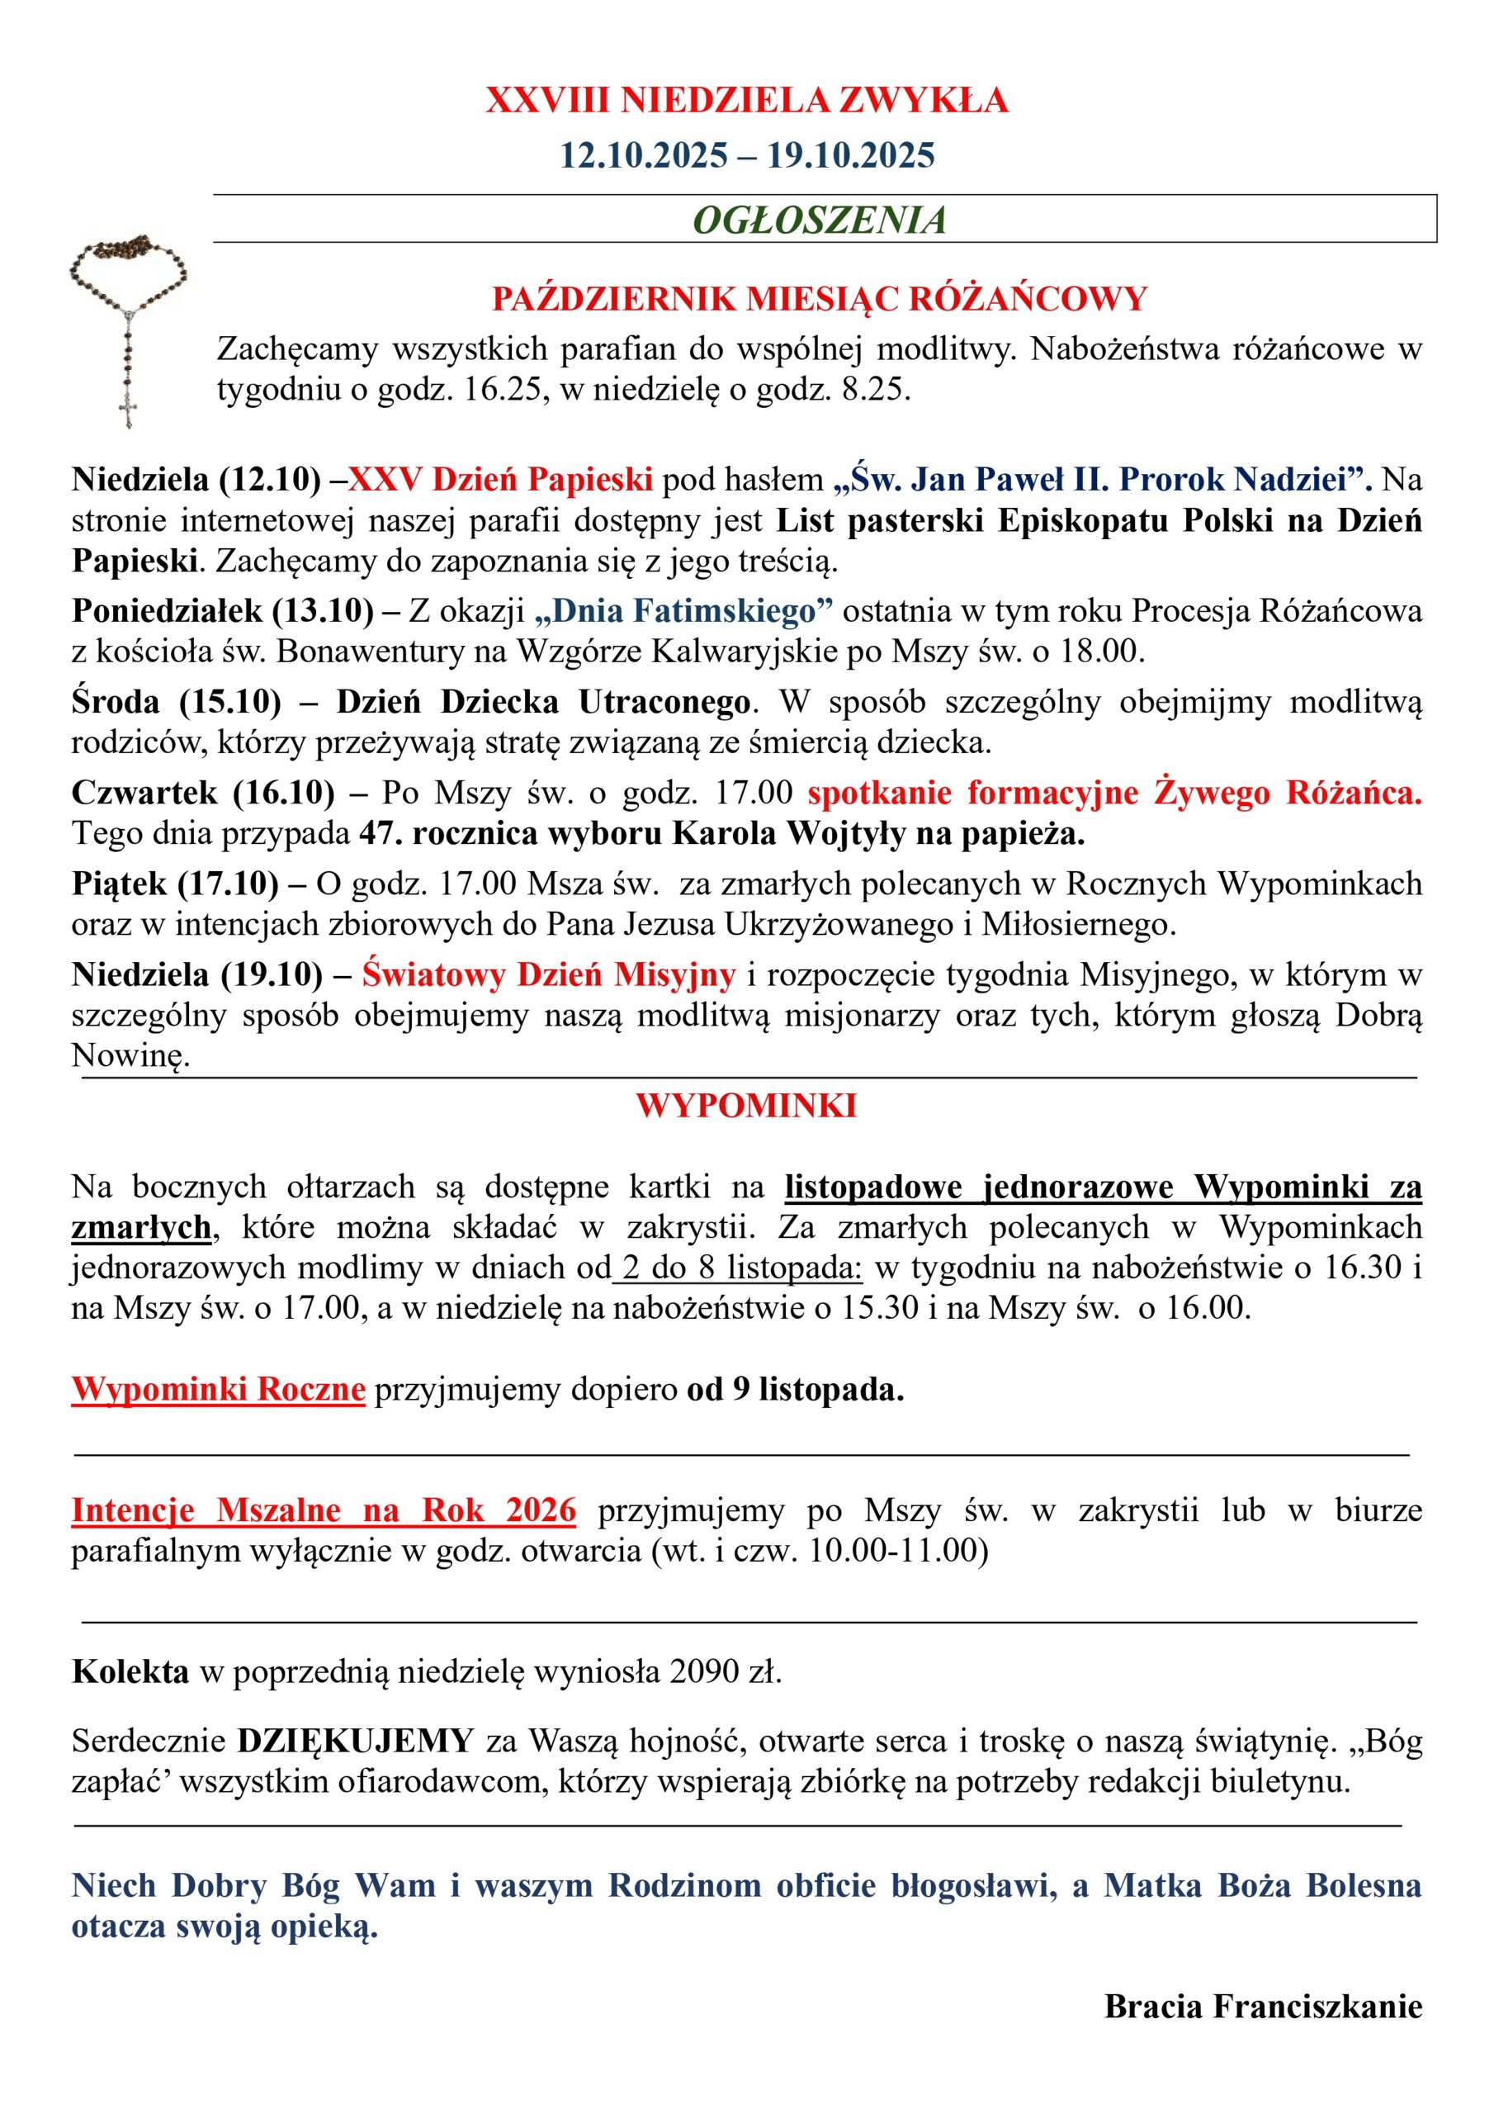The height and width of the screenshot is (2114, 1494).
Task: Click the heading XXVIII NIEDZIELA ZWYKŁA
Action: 746,101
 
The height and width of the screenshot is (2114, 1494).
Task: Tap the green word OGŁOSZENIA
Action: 820,220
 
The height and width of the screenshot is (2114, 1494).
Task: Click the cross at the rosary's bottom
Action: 129,410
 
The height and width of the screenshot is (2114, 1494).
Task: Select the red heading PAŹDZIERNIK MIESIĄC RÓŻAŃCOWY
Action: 820,299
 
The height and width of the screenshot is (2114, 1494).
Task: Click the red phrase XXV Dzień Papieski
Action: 501,479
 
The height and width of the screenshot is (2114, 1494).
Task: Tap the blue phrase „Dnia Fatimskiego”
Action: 683,610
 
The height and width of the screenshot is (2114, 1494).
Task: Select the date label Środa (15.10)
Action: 177,702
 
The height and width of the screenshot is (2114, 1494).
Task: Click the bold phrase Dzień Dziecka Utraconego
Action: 544,702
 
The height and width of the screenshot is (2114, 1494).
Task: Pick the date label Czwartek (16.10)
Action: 203,792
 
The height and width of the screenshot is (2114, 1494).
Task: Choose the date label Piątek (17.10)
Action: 175,883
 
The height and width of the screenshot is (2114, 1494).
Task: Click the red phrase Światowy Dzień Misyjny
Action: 549,974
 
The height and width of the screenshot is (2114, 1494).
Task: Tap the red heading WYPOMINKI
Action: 745,1106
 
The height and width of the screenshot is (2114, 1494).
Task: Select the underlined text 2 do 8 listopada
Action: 742,1268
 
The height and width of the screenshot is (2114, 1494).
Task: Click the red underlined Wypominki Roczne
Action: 219,1390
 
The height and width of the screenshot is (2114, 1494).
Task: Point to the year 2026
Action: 541,1510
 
